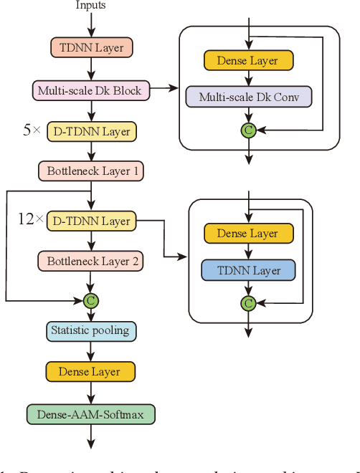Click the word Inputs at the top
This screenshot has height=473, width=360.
90,6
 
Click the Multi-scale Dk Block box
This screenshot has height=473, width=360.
91,90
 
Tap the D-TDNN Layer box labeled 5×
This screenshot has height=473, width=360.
91,131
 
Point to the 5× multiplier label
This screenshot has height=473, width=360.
32,131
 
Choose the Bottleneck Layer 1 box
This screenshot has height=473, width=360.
91,171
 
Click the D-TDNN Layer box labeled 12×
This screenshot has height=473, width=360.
91,221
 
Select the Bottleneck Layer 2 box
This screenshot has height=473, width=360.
91,262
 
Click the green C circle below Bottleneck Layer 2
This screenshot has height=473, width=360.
91,300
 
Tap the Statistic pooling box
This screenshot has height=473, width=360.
91,331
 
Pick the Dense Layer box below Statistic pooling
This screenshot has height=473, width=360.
91,371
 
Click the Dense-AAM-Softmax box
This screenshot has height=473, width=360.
91,414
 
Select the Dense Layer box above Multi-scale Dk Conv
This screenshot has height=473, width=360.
248,60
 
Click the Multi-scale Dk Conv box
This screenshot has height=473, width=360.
248,97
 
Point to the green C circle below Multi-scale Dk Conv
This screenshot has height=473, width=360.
248,130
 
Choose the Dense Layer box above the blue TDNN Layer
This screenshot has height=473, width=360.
248,234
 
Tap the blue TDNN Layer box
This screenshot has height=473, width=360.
248,271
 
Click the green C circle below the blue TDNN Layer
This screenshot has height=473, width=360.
248,304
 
